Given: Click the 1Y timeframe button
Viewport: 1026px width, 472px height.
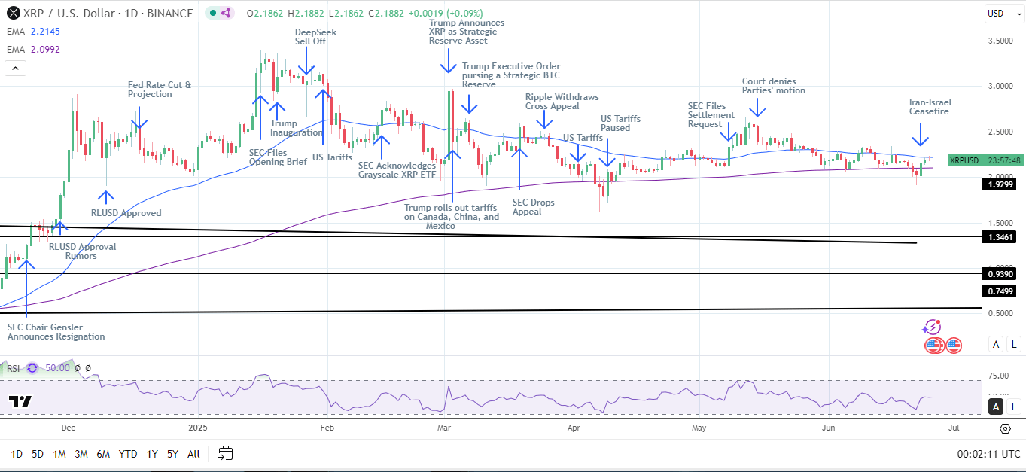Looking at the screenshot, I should pyautogui.click(x=152, y=454).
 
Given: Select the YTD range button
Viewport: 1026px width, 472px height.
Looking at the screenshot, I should pyautogui.click(x=128, y=454).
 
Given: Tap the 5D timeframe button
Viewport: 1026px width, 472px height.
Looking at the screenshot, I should pyautogui.click(x=37, y=454).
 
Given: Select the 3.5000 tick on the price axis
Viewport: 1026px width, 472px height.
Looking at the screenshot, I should pyautogui.click(x=1000, y=41).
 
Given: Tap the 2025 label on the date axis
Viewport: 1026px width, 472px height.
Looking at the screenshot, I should pyautogui.click(x=197, y=428).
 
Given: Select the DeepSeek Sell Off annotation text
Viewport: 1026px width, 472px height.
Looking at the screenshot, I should pyautogui.click(x=315, y=38).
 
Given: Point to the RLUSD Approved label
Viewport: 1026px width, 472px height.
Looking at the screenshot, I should pyautogui.click(x=126, y=213).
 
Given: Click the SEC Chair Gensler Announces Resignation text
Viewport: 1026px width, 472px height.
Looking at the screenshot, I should pyautogui.click(x=56, y=332).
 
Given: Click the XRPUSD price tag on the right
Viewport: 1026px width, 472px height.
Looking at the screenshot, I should pyautogui.click(x=964, y=160).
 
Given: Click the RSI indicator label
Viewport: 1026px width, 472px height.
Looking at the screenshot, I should pyautogui.click(x=13, y=368).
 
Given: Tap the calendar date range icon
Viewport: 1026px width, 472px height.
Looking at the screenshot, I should pyautogui.click(x=225, y=453).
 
